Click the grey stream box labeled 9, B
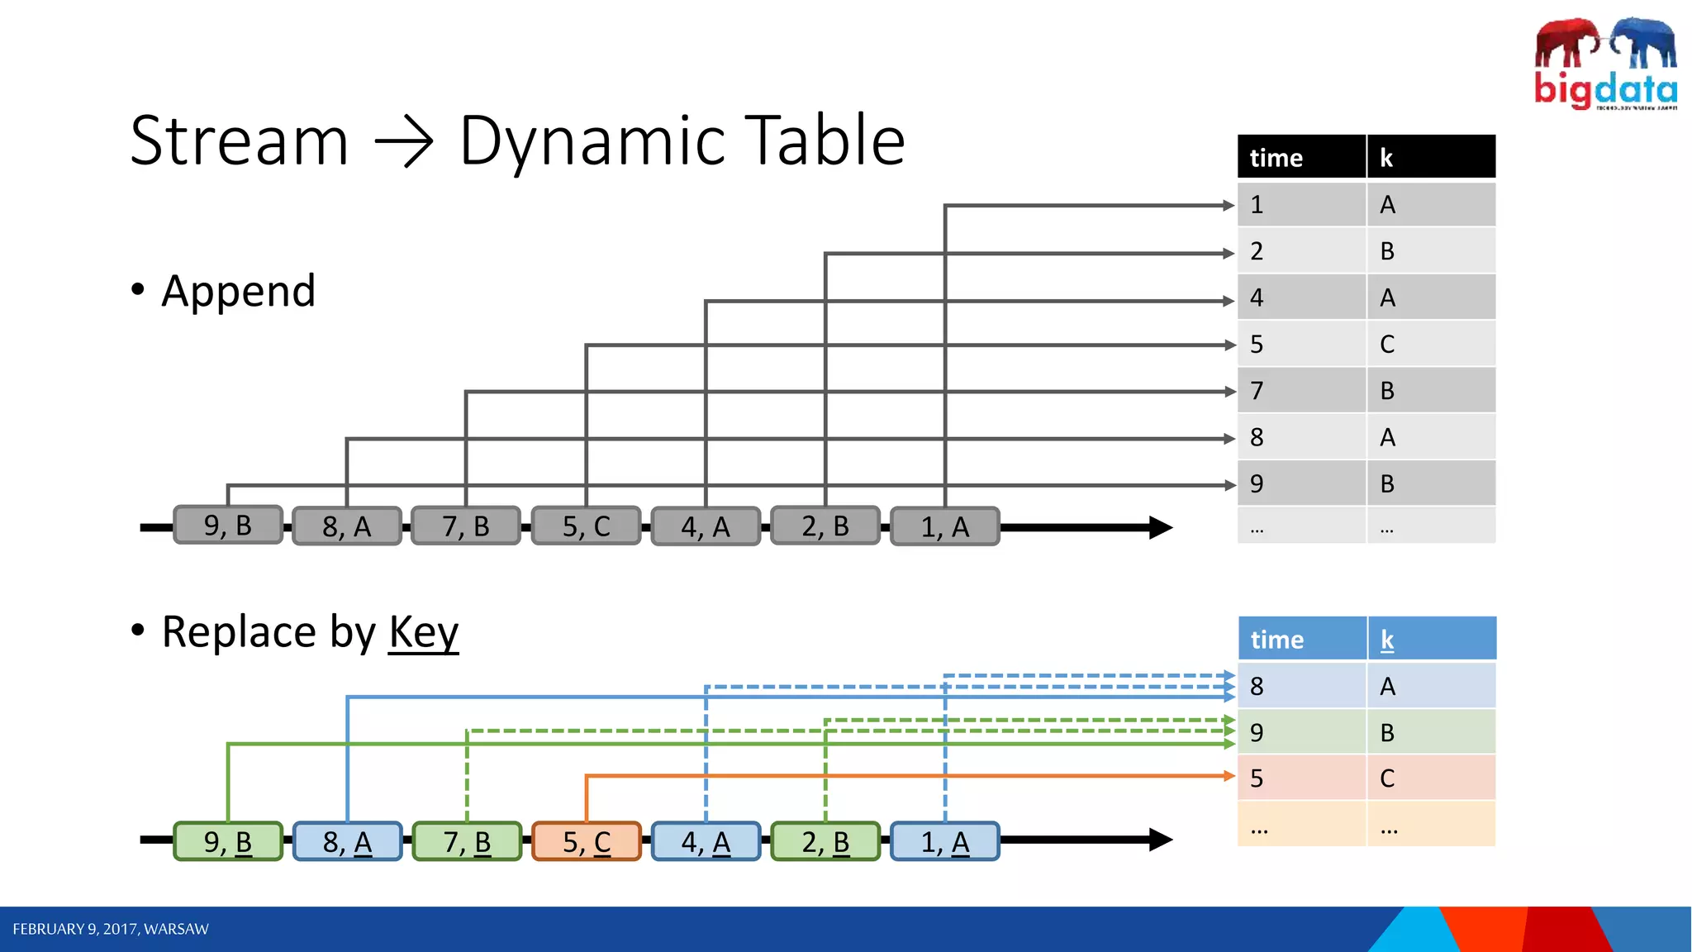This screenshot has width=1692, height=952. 228,526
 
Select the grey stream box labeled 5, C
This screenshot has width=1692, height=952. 587,526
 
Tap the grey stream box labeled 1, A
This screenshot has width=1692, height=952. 945,526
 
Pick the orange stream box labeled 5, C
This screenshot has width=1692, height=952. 587,841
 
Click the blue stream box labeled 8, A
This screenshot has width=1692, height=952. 348,841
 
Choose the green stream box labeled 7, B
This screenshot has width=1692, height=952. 467,841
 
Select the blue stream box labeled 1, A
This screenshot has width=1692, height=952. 945,841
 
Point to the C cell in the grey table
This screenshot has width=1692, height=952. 1388,344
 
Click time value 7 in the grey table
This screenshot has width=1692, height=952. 1257,390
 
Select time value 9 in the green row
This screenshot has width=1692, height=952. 1257,732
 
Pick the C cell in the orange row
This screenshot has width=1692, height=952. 1388,778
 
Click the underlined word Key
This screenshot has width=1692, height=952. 423,632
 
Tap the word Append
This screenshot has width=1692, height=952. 239,291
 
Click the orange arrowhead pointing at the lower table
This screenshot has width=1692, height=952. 1229,776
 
